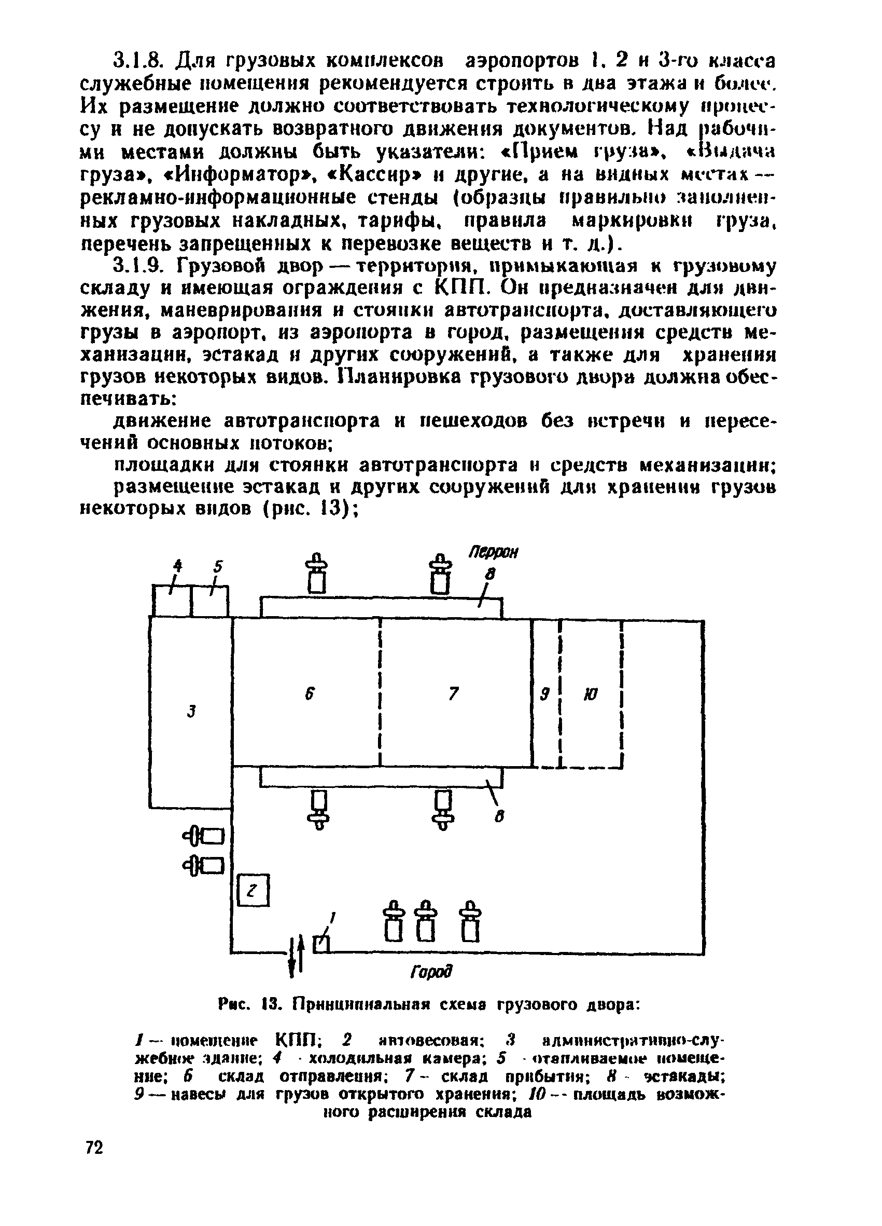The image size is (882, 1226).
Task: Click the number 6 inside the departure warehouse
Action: tap(310, 694)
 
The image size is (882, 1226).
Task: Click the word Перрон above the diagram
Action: tap(493, 553)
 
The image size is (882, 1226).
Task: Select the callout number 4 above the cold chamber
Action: tap(177, 566)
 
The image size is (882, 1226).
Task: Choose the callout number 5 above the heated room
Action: tap(218, 566)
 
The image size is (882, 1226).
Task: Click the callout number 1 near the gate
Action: tap(333, 917)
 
